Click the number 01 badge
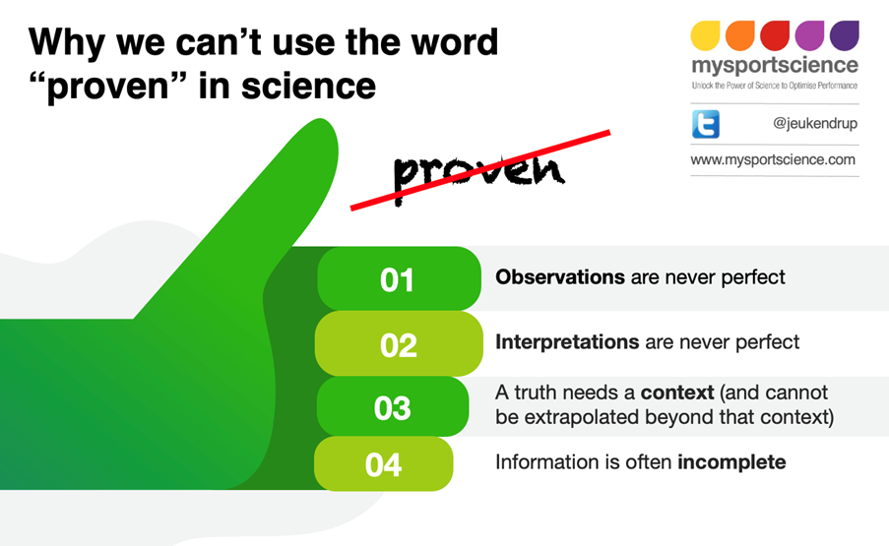(398, 279)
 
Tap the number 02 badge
(398, 344)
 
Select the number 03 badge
(393, 407)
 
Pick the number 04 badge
(383, 463)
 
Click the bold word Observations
(559, 277)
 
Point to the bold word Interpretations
(567, 342)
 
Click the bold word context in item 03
(676, 393)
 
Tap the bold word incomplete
(731, 461)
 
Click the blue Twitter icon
(705, 124)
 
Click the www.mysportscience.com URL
(773, 159)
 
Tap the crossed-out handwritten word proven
(479, 169)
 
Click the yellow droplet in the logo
(706, 35)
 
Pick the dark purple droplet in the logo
(844, 35)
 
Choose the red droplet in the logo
(775, 35)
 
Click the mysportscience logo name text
(774, 67)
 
